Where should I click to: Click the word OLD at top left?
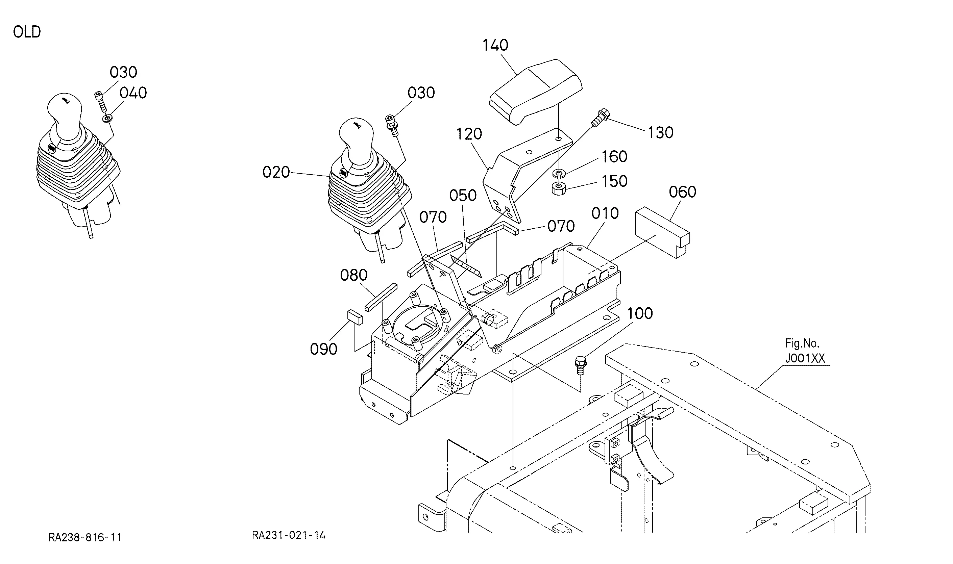[x=27, y=32]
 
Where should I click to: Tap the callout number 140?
[x=495, y=46]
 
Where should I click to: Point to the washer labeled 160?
[x=558, y=174]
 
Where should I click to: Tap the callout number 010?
[x=605, y=213]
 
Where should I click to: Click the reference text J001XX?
[x=805, y=358]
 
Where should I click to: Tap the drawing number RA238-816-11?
[x=85, y=537]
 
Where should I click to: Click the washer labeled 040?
[x=107, y=119]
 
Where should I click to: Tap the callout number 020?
[x=276, y=173]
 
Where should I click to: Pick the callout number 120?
[x=469, y=134]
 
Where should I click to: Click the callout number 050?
[x=462, y=196]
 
